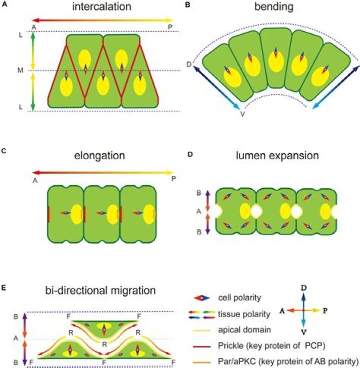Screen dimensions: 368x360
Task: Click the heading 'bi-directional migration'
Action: point(101,290)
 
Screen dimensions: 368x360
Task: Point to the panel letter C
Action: point(4,150)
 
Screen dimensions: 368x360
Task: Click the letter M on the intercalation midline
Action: point(20,70)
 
